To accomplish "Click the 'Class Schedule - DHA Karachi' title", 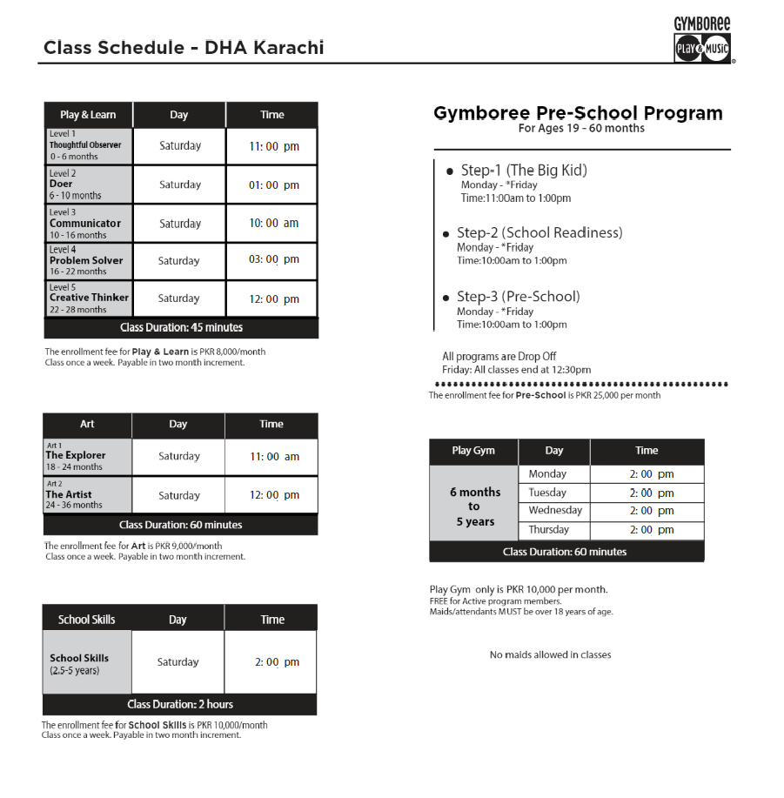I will pyautogui.click(x=184, y=47).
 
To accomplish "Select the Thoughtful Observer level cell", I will pyautogui.click(x=89, y=145).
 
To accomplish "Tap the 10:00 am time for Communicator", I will pyautogui.click(x=273, y=224).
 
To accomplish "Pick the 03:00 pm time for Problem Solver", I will pyautogui.click(x=273, y=260).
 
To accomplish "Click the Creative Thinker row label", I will pyautogui.click(x=89, y=298).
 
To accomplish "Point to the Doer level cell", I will pyautogui.click(x=89, y=184).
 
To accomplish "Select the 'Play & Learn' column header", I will pyautogui.click(x=88, y=115).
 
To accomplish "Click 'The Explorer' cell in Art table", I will pyautogui.click(x=88, y=457).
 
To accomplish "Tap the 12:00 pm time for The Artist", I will pyautogui.click(x=273, y=495).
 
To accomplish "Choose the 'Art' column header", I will pyautogui.click(x=87, y=425).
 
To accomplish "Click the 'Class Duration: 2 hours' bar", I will pyautogui.click(x=180, y=704).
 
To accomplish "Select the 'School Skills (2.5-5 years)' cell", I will pyautogui.click(x=87, y=663).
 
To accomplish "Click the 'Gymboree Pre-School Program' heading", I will pyautogui.click(x=578, y=113).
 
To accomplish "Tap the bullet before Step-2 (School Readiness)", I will pyautogui.click(x=446, y=234).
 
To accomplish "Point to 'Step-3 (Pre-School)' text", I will pyautogui.click(x=519, y=297).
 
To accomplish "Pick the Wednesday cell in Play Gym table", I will pyautogui.click(x=554, y=511).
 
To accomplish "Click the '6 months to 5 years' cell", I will pyautogui.click(x=474, y=506).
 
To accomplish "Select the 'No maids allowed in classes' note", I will pyautogui.click(x=550, y=654).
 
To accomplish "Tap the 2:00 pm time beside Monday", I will pyautogui.click(x=647, y=474).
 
